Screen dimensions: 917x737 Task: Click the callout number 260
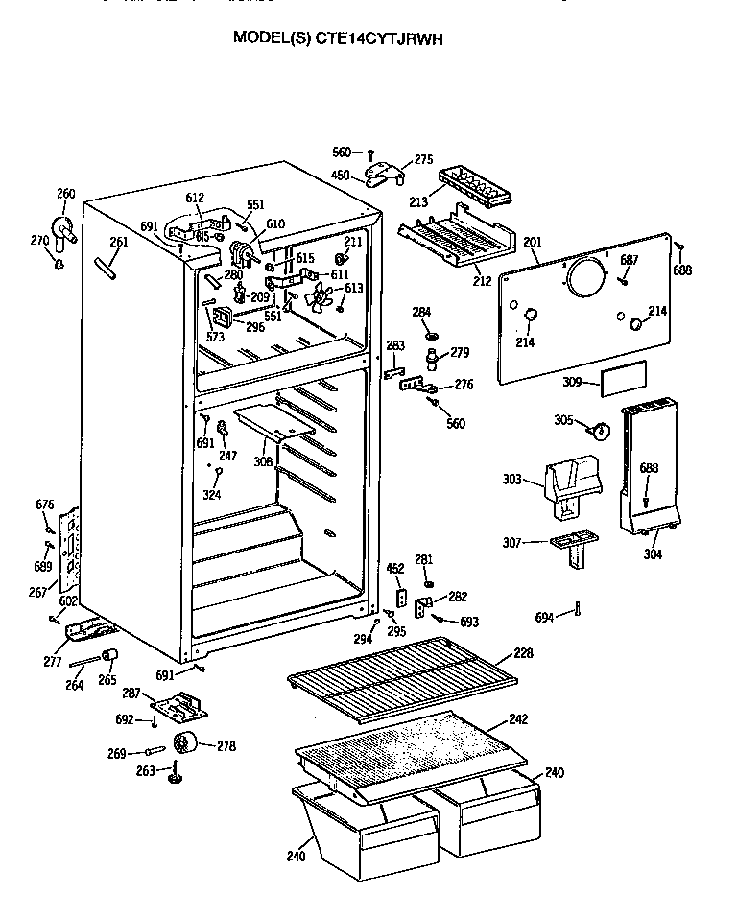65,194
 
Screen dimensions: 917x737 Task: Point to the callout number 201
532,242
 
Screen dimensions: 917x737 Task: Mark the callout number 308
263,461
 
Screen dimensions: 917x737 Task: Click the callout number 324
212,495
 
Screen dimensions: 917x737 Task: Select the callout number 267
36,592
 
